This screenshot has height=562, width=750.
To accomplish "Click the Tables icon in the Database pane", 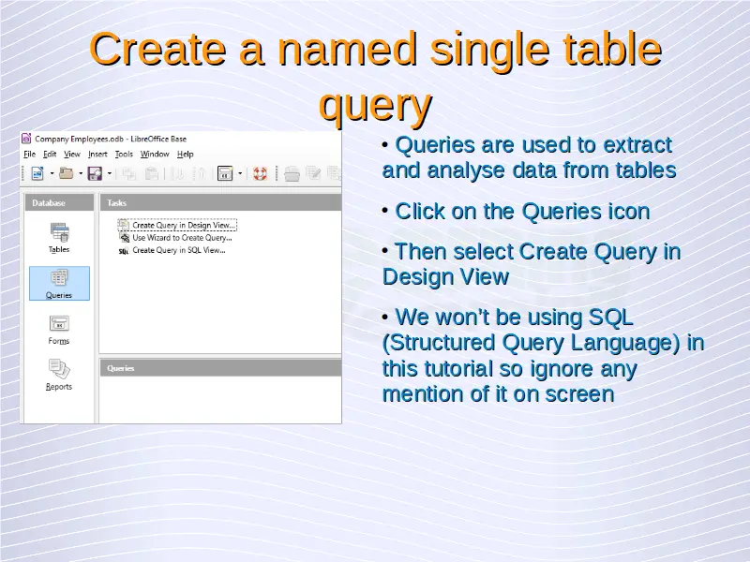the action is point(59,232).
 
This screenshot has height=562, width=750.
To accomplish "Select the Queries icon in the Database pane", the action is point(59,277).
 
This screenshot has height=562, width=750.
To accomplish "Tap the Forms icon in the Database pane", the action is point(59,323).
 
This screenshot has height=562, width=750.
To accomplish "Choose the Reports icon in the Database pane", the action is point(59,369).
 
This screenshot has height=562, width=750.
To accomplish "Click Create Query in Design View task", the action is point(184,225).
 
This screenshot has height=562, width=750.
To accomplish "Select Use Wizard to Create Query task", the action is point(182,238).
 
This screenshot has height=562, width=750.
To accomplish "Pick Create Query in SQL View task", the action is point(178,250).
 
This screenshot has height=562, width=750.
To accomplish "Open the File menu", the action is point(30,154).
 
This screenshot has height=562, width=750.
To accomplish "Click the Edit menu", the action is point(50,154).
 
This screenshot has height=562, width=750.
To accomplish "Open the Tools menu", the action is point(124,154).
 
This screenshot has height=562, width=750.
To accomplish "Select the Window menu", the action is point(155,154).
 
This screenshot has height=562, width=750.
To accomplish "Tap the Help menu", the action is point(185,154).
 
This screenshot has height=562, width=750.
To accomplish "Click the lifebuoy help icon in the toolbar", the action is point(260,173).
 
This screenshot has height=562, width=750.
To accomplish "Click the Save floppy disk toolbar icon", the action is point(95,173).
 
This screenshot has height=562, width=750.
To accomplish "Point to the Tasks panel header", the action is point(220,202).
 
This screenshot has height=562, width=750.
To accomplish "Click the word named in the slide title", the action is point(347,50).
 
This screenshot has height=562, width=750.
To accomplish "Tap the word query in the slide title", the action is point(376,105).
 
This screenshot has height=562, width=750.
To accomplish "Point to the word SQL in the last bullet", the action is point(610,317).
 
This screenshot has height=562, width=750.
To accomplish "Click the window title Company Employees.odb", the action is point(79,139).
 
